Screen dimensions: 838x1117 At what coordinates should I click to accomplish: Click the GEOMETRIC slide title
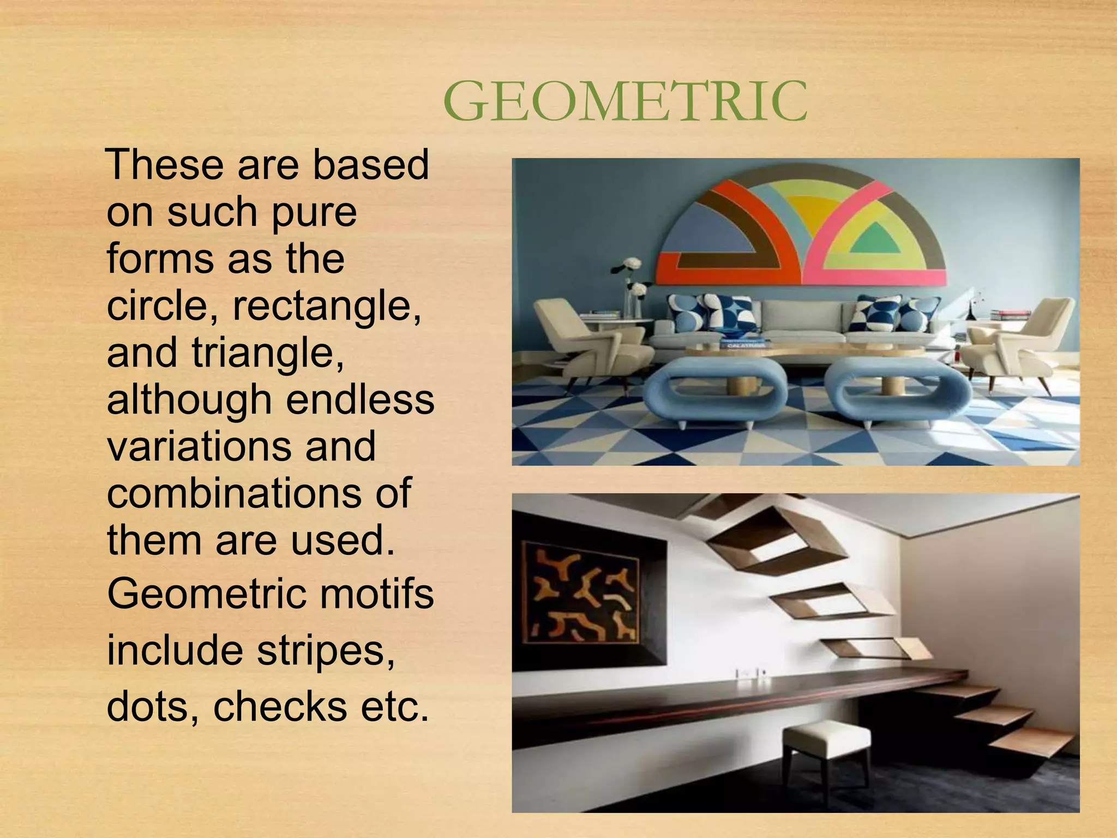[625, 101]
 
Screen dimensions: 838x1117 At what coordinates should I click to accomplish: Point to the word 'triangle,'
[268, 352]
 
